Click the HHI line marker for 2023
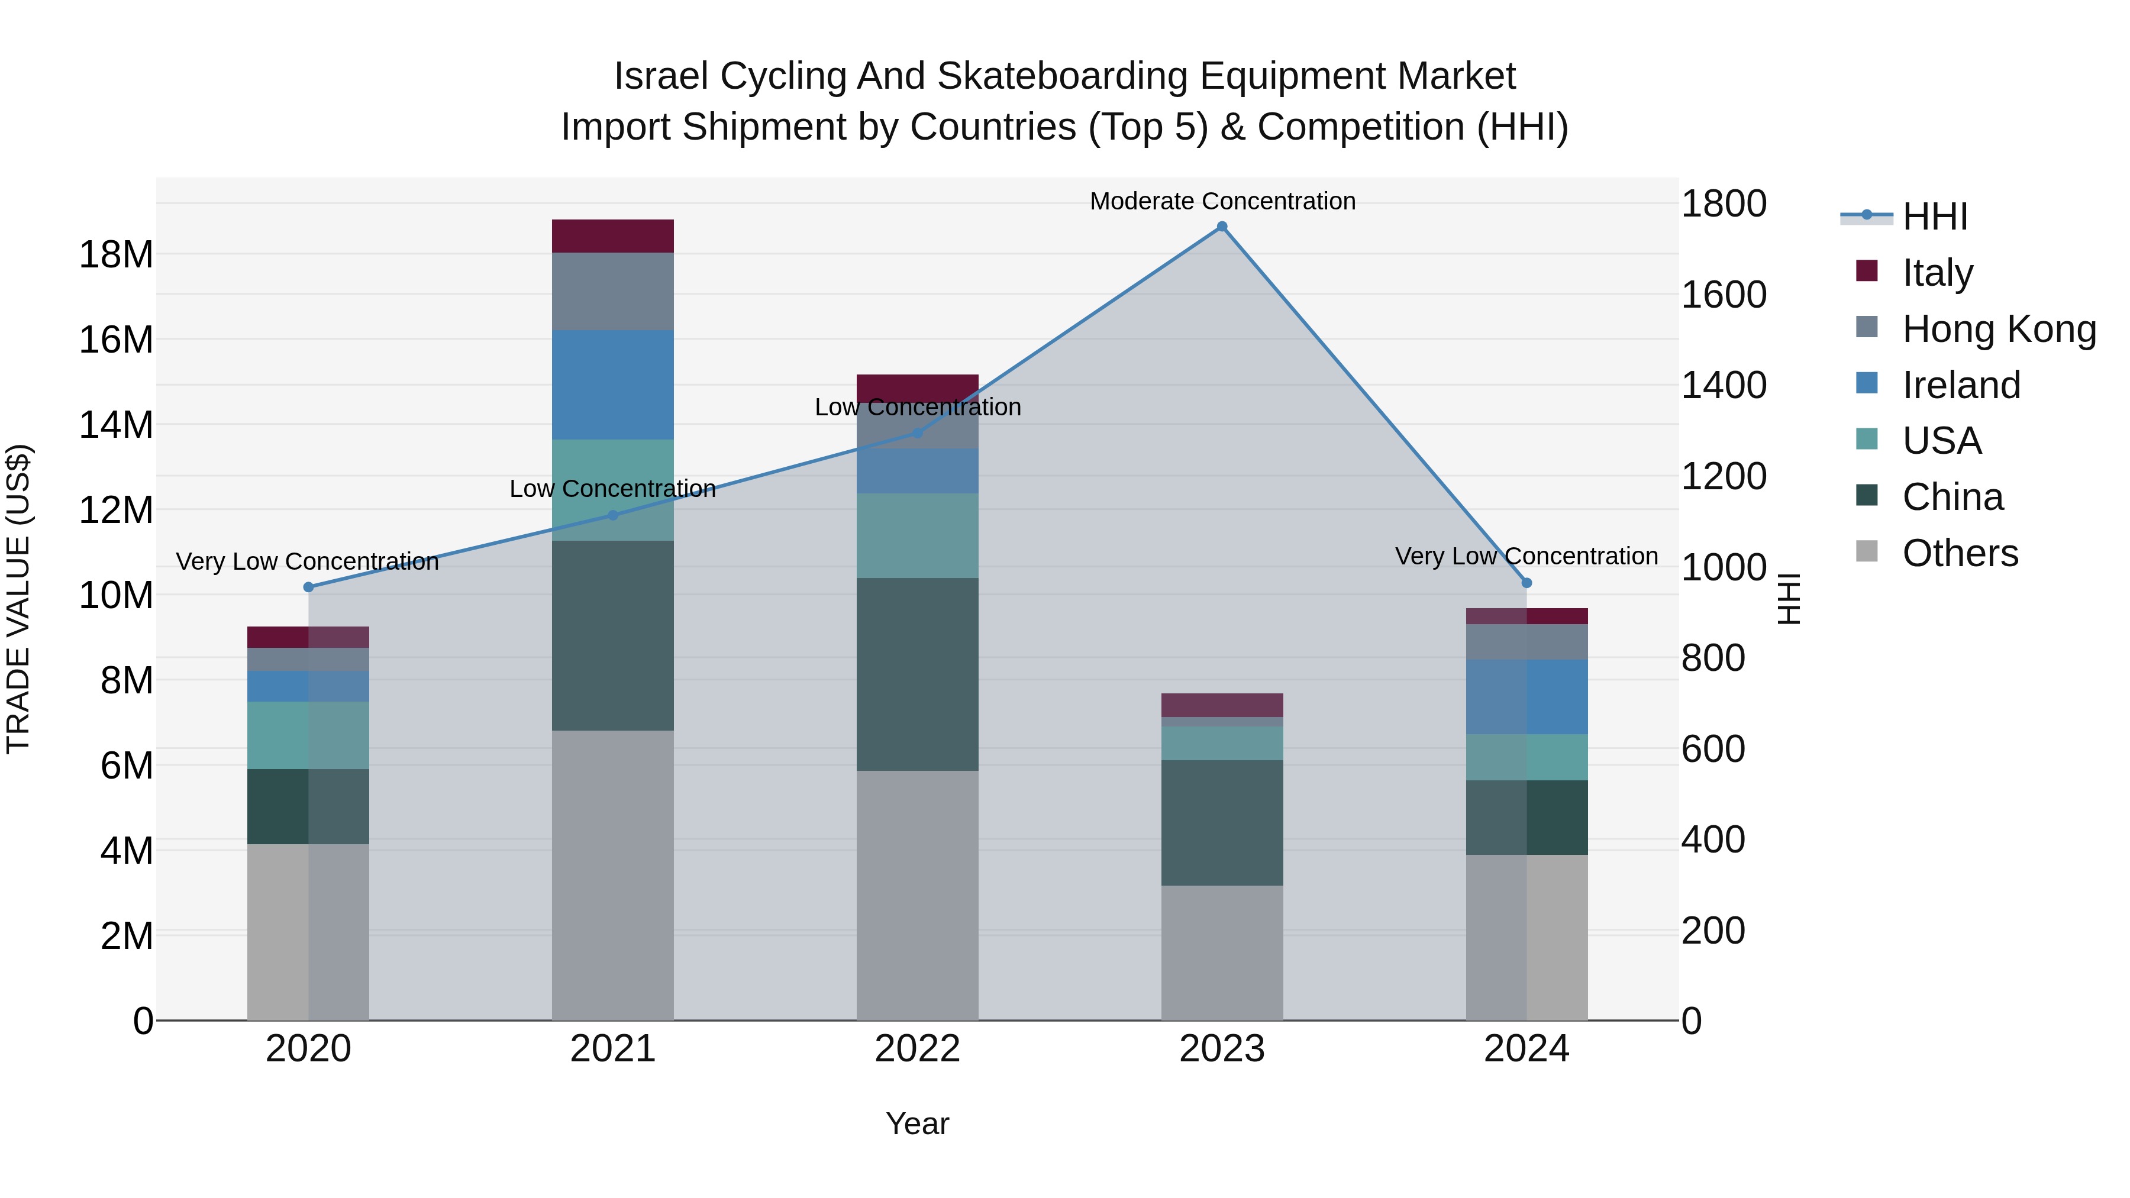pos(1221,227)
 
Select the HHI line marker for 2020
pos(308,587)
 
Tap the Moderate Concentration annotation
pos(1222,201)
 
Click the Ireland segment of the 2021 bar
pos(613,385)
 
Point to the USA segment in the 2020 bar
pos(308,735)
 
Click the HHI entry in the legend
pos(1933,217)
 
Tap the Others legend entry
pos(1959,553)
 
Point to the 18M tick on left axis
pos(116,254)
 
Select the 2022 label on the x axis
pos(917,1049)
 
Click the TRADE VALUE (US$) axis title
pos(18,599)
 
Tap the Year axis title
pos(917,1123)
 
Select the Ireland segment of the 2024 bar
pos(1526,696)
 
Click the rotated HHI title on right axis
pos(1789,599)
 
